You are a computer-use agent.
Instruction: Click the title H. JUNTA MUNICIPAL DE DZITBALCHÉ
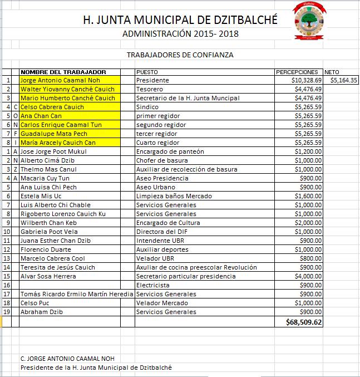click(x=180, y=20)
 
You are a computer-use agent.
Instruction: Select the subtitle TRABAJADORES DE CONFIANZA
click(x=180, y=55)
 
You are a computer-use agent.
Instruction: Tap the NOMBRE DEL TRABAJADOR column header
click(x=63, y=72)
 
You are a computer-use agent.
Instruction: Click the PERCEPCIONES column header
click(x=297, y=72)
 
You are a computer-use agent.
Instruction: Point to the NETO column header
click(x=332, y=72)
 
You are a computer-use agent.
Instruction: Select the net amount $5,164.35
click(x=343, y=80)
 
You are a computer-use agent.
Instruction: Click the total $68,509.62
click(x=304, y=322)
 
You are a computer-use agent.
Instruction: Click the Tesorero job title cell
click(x=150, y=89)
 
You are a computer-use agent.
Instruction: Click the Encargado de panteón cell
click(x=170, y=151)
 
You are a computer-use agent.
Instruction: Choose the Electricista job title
click(x=153, y=285)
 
